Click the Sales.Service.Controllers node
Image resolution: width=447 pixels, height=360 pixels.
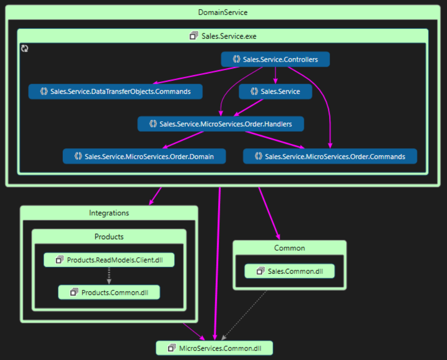click(x=275, y=59)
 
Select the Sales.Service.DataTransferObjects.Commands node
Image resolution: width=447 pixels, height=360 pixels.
click(x=115, y=91)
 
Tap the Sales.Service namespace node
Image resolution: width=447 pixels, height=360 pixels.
click(x=275, y=91)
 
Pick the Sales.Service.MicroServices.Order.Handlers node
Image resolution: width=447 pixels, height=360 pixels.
click(x=220, y=124)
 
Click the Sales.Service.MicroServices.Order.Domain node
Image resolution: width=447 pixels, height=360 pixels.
click(x=144, y=156)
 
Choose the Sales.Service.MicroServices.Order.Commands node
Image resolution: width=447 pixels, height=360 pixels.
click(x=330, y=156)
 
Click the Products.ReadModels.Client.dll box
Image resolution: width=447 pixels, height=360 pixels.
click(x=109, y=260)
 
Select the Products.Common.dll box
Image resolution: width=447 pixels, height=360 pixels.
click(x=109, y=292)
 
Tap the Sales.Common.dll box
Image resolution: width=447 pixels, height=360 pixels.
click(x=289, y=271)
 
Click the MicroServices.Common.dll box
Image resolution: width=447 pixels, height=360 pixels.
click(x=214, y=348)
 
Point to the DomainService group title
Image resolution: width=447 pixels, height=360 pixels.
click(x=223, y=12)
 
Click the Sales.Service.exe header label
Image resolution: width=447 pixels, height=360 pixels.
click(x=223, y=36)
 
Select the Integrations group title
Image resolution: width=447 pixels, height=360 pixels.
click(x=109, y=213)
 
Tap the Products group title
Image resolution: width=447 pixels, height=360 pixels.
click(x=109, y=237)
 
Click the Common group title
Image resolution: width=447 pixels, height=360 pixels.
click(x=289, y=248)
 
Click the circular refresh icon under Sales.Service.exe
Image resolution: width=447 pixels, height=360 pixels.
click(x=25, y=49)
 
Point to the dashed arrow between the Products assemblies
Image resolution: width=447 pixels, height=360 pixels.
click(x=109, y=276)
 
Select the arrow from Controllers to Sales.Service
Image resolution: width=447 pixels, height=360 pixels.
click(x=275, y=75)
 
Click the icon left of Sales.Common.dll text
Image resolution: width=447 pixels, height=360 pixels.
click(x=260, y=271)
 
